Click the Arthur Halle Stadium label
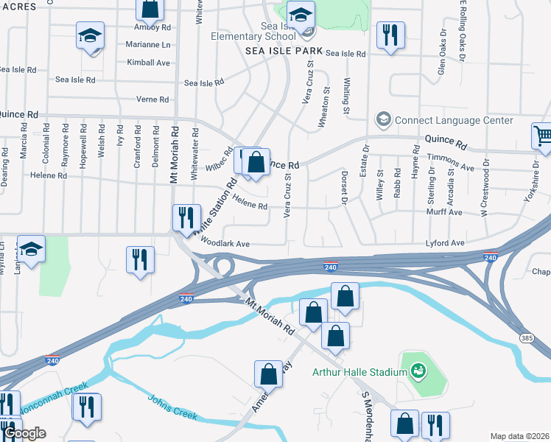359,373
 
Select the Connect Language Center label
454,120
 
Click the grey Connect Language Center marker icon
383,119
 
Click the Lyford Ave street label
445,242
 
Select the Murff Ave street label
444,212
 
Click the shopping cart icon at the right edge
542,135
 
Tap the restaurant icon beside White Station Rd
183,217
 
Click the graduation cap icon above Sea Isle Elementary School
301,14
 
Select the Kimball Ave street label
148,63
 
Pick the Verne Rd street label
153,99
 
